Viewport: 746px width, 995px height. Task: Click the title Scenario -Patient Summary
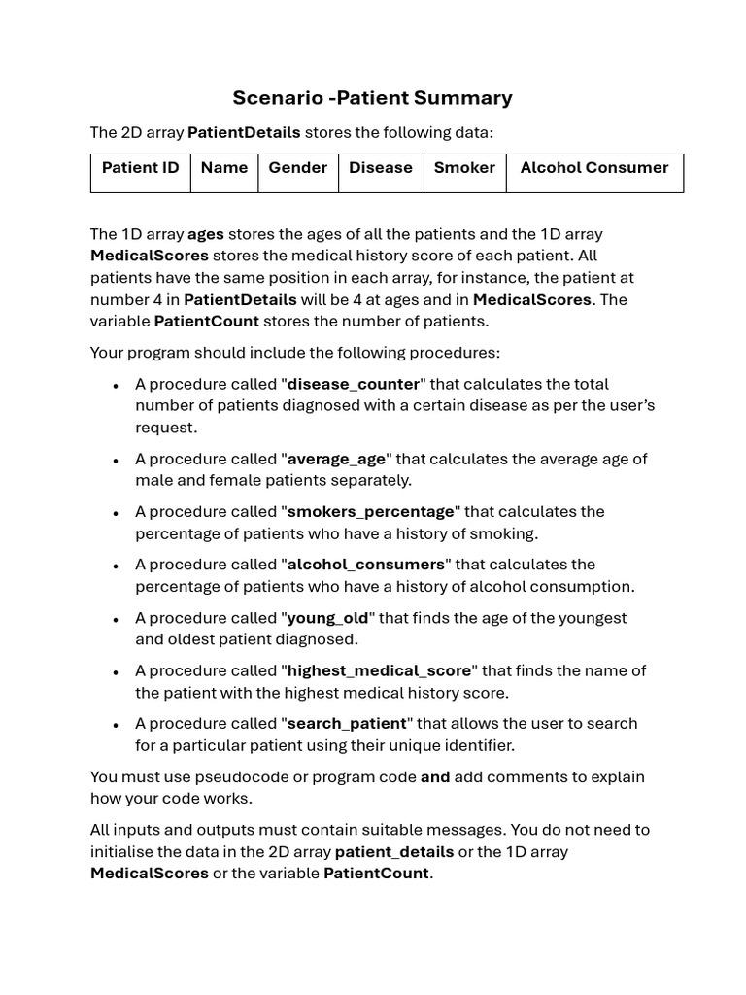(x=372, y=98)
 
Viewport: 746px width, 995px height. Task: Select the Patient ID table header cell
(x=141, y=168)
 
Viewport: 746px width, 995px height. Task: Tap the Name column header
(x=224, y=168)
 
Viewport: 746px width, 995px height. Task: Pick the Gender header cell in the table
(x=297, y=168)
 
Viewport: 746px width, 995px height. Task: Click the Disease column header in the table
(x=381, y=168)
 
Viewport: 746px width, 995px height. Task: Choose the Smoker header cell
(x=464, y=168)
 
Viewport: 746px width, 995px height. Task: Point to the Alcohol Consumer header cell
(x=594, y=168)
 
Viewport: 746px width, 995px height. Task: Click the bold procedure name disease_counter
(x=354, y=384)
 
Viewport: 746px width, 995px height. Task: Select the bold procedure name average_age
(x=336, y=459)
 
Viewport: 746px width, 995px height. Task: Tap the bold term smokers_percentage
(x=370, y=511)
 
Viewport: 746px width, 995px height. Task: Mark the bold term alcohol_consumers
(x=365, y=565)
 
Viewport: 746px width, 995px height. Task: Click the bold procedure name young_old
(x=328, y=618)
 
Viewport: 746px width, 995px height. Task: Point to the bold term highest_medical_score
(x=379, y=670)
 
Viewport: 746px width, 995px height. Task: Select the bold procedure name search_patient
(x=347, y=724)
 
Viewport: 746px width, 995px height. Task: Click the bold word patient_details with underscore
(x=394, y=852)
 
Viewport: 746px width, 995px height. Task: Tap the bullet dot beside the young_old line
(x=116, y=619)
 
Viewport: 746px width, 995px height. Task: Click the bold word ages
(x=205, y=234)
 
